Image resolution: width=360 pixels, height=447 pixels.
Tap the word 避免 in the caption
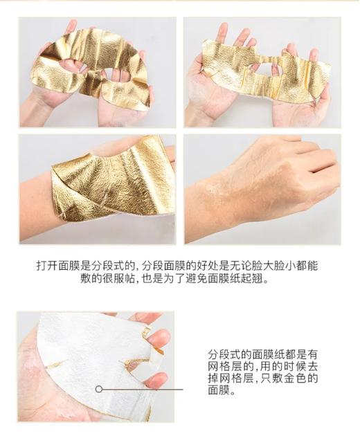(x=196, y=280)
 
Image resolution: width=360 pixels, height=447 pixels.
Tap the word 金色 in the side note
(x=298, y=378)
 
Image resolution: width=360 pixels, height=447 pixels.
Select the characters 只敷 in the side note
(x=269, y=378)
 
